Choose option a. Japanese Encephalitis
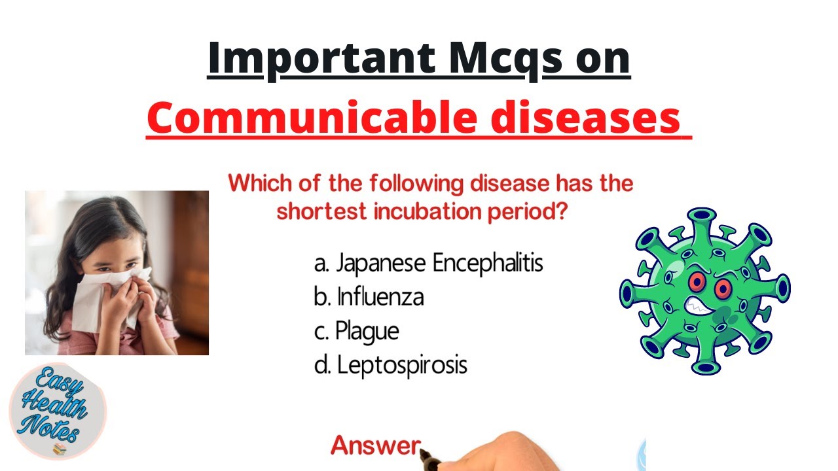429,264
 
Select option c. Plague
357,331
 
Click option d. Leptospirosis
391,365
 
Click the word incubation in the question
433,213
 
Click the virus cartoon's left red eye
696,283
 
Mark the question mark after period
560,213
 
